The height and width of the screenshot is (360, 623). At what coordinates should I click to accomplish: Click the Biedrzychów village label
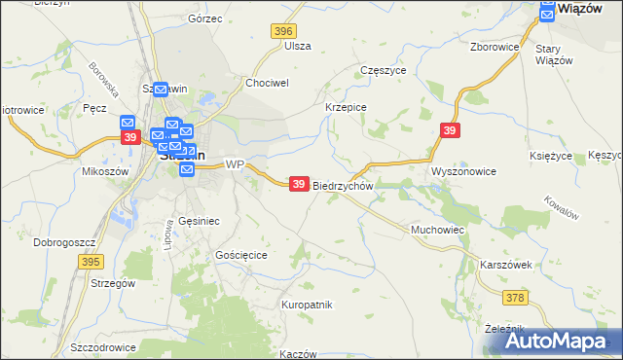click(x=344, y=185)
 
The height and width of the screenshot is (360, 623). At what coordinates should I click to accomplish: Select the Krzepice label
click(x=345, y=108)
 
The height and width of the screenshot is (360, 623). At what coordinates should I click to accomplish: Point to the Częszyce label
click(x=383, y=71)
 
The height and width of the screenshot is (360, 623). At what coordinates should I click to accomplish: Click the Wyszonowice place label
click(x=464, y=171)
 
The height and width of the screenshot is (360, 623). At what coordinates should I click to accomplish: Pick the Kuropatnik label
click(x=307, y=305)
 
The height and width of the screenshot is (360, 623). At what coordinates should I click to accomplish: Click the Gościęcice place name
click(x=240, y=254)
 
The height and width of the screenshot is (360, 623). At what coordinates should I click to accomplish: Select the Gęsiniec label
click(x=199, y=221)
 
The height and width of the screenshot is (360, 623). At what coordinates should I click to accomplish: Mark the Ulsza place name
click(x=298, y=46)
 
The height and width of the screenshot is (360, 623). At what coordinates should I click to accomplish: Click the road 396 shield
click(x=283, y=32)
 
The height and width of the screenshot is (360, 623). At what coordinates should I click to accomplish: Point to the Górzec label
click(x=205, y=18)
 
